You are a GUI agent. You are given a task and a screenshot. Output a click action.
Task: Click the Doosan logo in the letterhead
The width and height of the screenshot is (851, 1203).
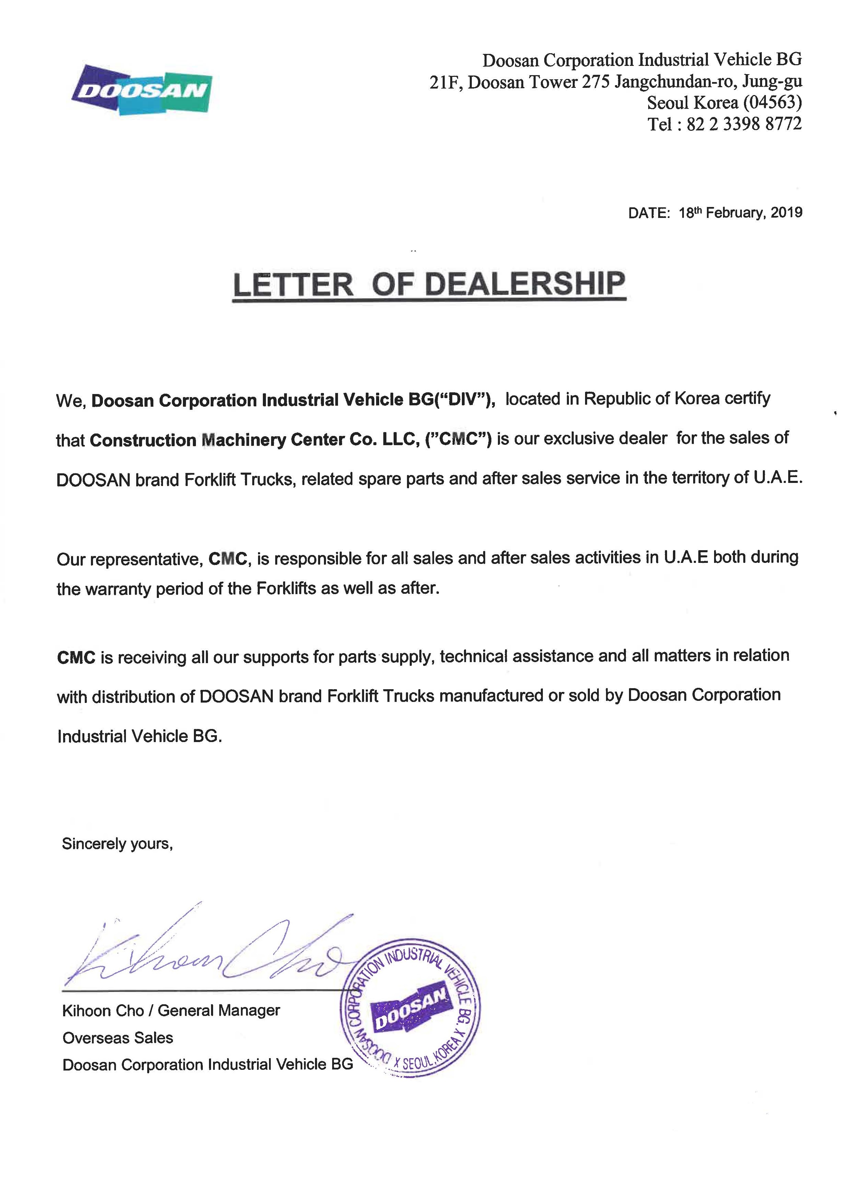click(x=141, y=90)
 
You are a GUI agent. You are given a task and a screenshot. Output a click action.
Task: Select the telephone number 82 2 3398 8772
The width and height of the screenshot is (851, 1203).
click(x=744, y=124)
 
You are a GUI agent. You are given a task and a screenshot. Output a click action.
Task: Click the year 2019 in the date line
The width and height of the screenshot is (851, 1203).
click(x=786, y=213)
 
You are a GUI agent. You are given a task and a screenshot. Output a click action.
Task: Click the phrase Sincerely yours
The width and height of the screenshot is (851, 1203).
click(x=117, y=843)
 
